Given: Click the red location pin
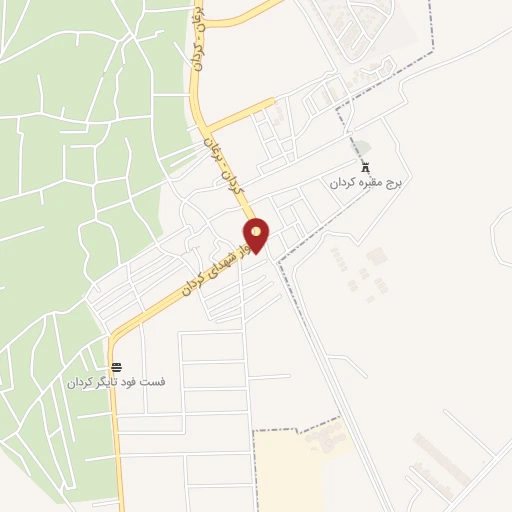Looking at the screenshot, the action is (x=257, y=234).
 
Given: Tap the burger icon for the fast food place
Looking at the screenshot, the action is (x=117, y=367).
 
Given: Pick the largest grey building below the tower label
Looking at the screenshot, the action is (x=376, y=256).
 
